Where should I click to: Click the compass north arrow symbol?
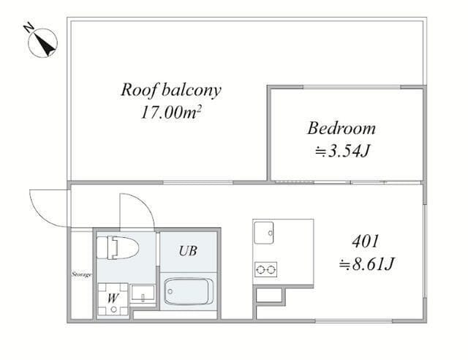pyautogui.click(x=42, y=43)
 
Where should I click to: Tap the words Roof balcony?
pyautogui.click(x=171, y=90)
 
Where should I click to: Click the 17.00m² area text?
pyautogui.click(x=170, y=113)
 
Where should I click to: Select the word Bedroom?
pyautogui.click(x=341, y=128)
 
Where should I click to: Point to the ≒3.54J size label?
pyautogui.click(x=343, y=151)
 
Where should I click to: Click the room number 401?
pyautogui.click(x=366, y=241)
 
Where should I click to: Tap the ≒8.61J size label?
pyautogui.click(x=366, y=264)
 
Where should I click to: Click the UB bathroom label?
pyautogui.click(x=188, y=251)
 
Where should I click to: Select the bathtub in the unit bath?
pyautogui.click(x=188, y=291)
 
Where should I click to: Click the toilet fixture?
pyautogui.click(x=118, y=247)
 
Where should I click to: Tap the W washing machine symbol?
pyautogui.click(x=113, y=299)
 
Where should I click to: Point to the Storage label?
pyautogui.click(x=81, y=274)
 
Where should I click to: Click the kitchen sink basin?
pyautogui.click(x=263, y=233)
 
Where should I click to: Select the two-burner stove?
pyautogui.click(x=265, y=270)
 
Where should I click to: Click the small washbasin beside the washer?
pyautogui.click(x=143, y=293)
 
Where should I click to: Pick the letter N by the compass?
pyautogui.click(x=29, y=28)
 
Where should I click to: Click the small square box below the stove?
pyautogui.click(x=269, y=295)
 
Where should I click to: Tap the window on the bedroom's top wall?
pyautogui.click(x=352, y=87)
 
